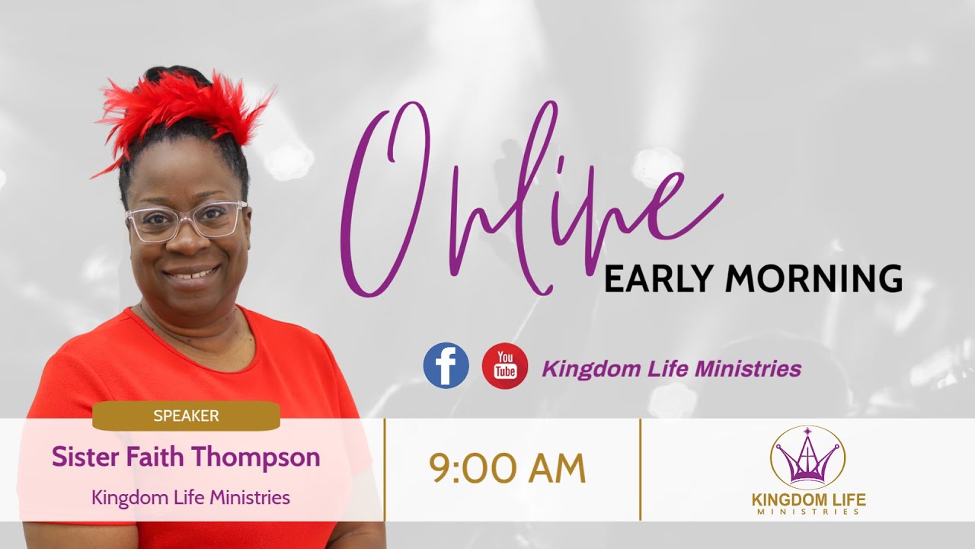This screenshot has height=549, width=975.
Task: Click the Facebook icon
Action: (x=446, y=365)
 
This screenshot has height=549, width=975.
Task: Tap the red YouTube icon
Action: (x=505, y=365)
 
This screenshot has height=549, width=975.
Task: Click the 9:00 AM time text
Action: (x=507, y=469)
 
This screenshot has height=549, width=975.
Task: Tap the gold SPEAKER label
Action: (x=186, y=416)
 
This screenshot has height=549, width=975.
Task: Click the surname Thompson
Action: (x=256, y=457)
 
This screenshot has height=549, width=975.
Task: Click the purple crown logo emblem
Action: (x=807, y=458)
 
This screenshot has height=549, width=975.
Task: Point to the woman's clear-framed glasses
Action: (x=187, y=220)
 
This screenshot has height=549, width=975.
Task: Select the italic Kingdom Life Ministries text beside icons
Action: (x=671, y=370)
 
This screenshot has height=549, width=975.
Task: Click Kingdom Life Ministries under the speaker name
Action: (x=190, y=498)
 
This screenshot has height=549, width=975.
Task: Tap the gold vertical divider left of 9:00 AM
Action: (x=385, y=469)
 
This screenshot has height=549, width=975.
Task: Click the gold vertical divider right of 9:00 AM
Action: (x=640, y=469)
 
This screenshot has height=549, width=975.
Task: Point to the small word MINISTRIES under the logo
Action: (x=808, y=512)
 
